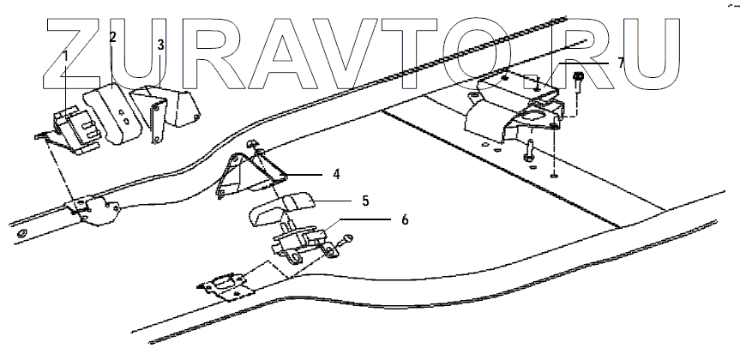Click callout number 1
pos(64,56)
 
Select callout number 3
pos(161,45)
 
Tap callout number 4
pos(337,174)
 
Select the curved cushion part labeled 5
pos(279,206)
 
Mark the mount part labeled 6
pos(299,240)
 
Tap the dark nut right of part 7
pos(579,80)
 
